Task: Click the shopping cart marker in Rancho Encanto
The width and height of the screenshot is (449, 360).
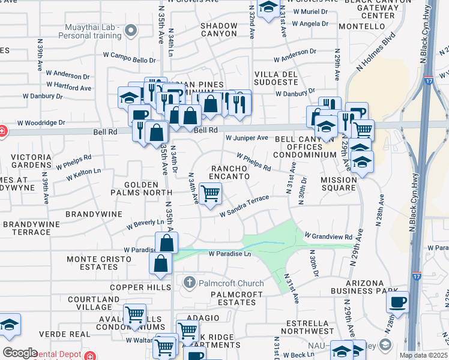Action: point(211,194)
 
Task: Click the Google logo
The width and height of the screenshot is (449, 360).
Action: point(20,353)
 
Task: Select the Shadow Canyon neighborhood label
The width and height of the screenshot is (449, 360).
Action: point(218,29)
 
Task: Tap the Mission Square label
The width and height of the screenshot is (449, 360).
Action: point(338,184)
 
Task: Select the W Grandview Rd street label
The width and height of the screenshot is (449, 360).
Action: point(328,236)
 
